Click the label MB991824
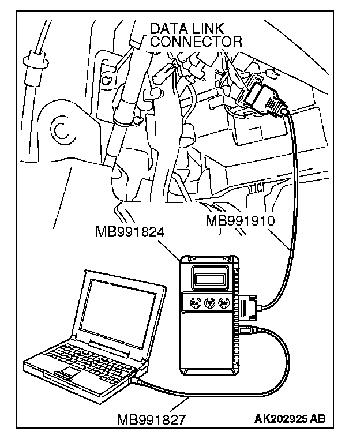click(131, 232)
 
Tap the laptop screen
click(118, 311)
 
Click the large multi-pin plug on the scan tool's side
click(250, 306)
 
